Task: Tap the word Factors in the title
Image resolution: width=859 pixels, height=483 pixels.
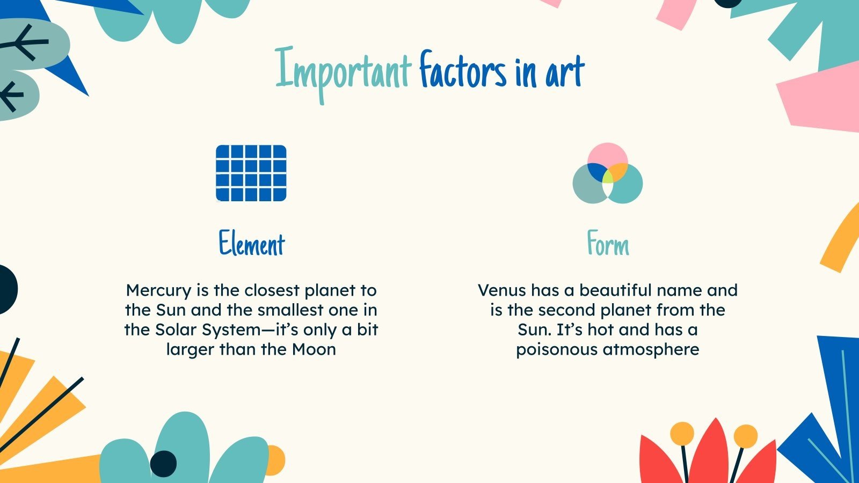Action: tap(463, 71)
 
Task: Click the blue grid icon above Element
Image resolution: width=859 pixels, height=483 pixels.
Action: tap(251, 173)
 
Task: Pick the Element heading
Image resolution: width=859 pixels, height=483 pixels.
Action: tap(251, 244)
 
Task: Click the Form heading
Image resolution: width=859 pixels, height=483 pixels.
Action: tap(607, 244)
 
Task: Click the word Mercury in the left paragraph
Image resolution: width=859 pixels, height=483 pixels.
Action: tap(158, 290)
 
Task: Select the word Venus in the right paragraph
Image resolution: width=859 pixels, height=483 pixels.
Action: tap(501, 290)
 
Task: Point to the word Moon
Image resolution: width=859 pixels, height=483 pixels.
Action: tap(314, 349)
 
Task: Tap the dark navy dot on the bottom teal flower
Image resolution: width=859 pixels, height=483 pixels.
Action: tap(163, 462)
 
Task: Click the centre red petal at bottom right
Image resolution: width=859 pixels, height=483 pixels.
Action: tap(709, 453)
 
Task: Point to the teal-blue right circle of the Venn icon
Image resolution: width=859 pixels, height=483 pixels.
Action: tap(628, 185)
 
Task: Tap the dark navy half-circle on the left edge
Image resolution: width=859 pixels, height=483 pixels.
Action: tap(8, 289)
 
